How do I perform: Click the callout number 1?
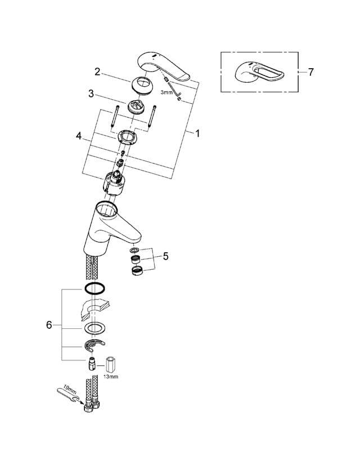click(x=197, y=133)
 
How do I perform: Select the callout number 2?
click(x=97, y=72)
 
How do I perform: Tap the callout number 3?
click(x=91, y=93)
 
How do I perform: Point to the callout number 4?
click(x=79, y=136)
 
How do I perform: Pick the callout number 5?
click(x=165, y=256)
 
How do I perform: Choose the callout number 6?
click(x=49, y=325)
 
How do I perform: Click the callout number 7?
click(x=311, y=72)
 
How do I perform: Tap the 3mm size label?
click(x=166, y=92)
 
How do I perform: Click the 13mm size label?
click(x=111, y=377)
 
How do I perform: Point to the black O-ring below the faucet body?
click(x=93, y=289)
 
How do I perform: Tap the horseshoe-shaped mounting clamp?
click(x=94, y=345)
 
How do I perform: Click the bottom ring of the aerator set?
click(x=136, y=270)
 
